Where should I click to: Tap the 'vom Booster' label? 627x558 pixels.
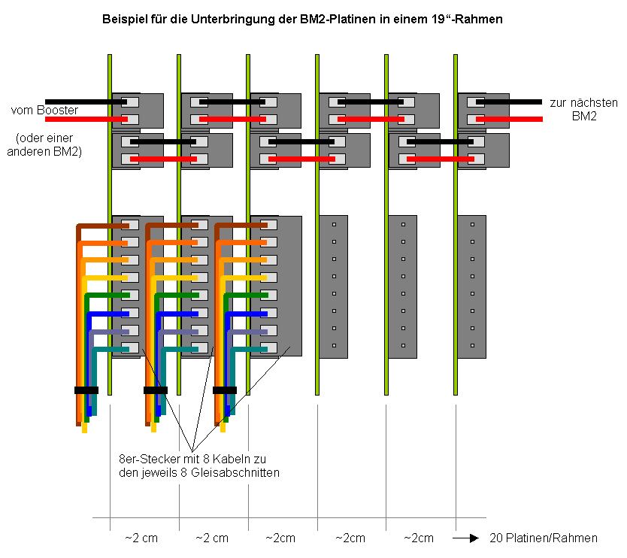pyautogui.click(x=44, y=111)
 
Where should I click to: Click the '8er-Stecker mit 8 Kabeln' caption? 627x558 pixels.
pyautogui.click(x=199, y=466)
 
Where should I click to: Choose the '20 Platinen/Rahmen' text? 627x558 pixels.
pyautogui.click(x=544, y=538)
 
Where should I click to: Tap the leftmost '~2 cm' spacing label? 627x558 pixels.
pyautogui.click(x=142, y=538)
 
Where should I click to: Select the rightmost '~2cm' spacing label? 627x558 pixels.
pyautogui.click(x=419, y=538)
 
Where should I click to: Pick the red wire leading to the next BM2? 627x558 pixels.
pyautogui.click(x=511, y=119)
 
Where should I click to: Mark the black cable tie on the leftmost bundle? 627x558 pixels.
pyautogui.click(x=86, y=390)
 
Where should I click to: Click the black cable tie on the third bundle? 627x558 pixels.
pyautogui.click(x=225, y=390)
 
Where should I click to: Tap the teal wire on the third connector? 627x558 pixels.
pyautogui.click(x=248, y=349)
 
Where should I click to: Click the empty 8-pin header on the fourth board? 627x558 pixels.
pyautogui.click(x=333, y=286)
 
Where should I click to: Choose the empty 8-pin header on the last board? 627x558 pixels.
pyautogui.click(x=472, y=286)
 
